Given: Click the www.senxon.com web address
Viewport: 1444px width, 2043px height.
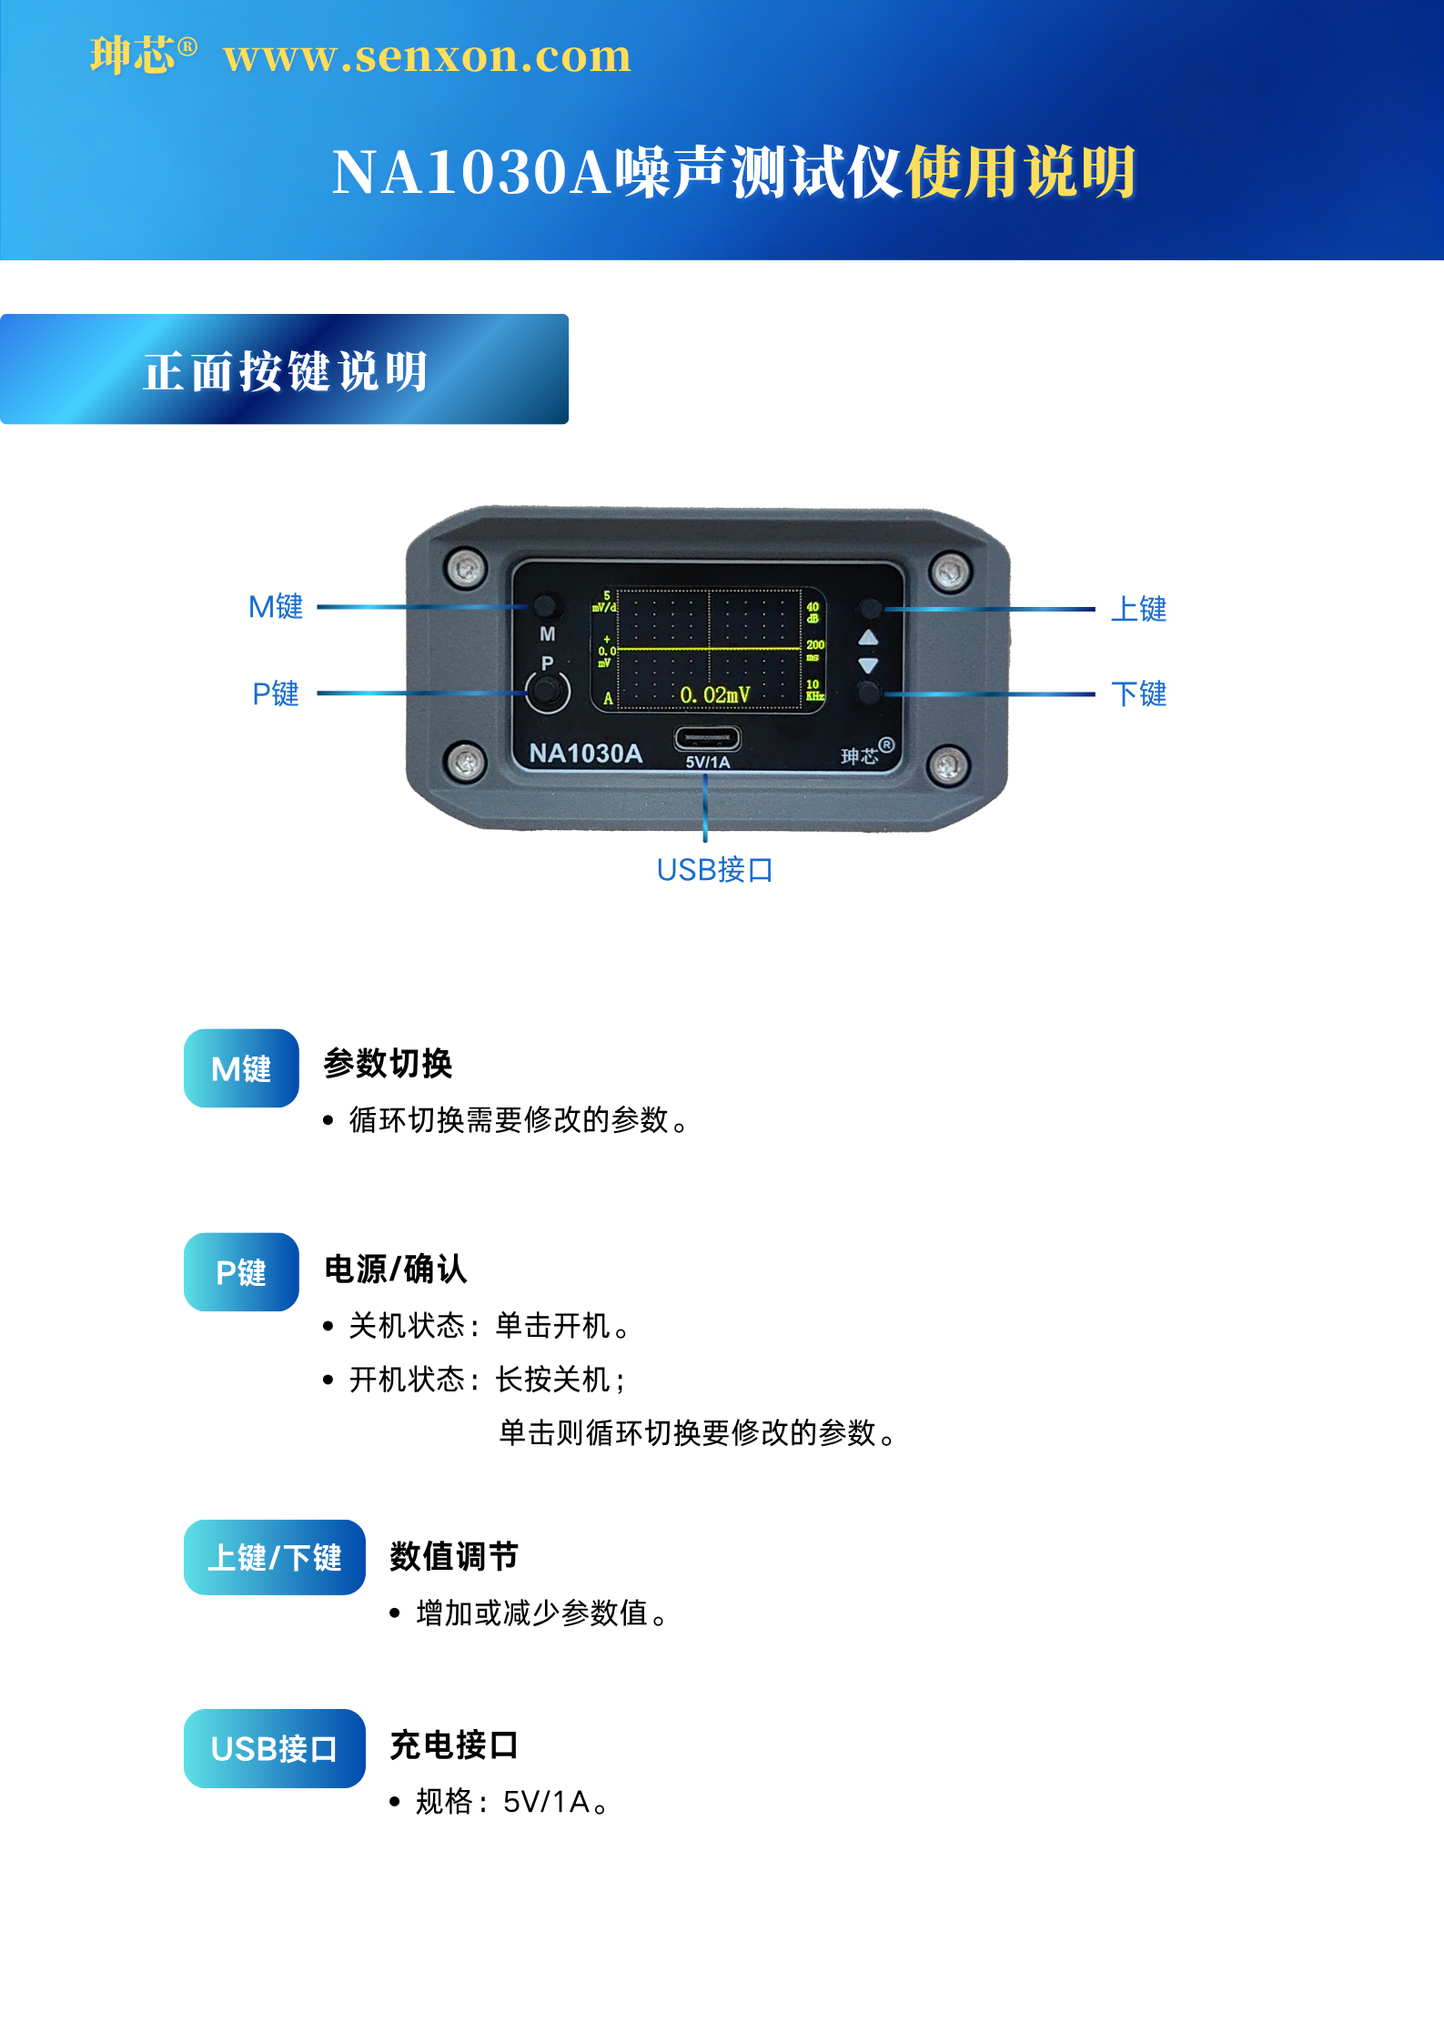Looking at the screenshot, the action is [x=427, y=56].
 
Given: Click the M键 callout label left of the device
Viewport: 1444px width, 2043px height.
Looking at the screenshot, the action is [x=276, y=607].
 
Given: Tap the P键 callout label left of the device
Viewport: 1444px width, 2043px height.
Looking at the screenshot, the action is [x=276, y=693].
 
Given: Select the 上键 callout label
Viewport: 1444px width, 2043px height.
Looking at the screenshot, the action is [x=1138, y=609].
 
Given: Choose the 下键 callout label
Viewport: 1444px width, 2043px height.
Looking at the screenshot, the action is [x=1138, y=694].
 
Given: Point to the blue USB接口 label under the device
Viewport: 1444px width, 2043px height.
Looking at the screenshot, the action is [x=715, y=870].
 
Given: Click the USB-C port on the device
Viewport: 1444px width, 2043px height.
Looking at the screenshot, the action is [x=707, y=739].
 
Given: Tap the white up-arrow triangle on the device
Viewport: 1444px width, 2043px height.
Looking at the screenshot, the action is [x=868, y=637].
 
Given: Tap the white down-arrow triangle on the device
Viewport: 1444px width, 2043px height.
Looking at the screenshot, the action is [x=868, y=666].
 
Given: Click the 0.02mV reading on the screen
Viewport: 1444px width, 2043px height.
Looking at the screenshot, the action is [x=715, y=695].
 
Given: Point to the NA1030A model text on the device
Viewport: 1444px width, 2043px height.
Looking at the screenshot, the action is [x=585, y=753].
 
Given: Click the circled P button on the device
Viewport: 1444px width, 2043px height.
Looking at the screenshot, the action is [x=547, y=692].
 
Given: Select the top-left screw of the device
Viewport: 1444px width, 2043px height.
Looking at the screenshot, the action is [x=466, y=569].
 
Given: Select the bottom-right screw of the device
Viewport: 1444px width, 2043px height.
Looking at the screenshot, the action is [x=948, y=764].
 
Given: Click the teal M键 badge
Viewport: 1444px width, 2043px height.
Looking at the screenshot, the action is [x=241, y=1068].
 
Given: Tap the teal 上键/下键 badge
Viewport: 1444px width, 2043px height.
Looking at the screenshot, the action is [x=275, y=1557].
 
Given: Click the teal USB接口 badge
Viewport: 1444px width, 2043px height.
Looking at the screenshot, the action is [x=275, y=1748].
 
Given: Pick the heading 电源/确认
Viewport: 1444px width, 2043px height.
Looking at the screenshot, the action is [x=396, y=1269].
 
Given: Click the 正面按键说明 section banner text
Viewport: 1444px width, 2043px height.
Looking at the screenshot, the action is [x=287, y=371].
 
